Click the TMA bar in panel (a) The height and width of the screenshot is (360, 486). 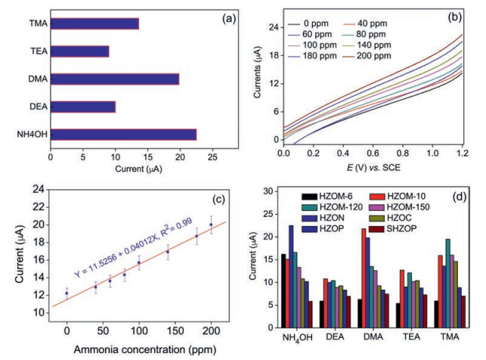[94, 23]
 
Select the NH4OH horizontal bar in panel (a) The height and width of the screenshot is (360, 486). [123, 135]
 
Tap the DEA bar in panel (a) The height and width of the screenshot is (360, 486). [82, 107]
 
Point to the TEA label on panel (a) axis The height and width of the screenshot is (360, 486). [34, 51]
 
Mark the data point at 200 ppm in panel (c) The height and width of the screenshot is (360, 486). [211, 224]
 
